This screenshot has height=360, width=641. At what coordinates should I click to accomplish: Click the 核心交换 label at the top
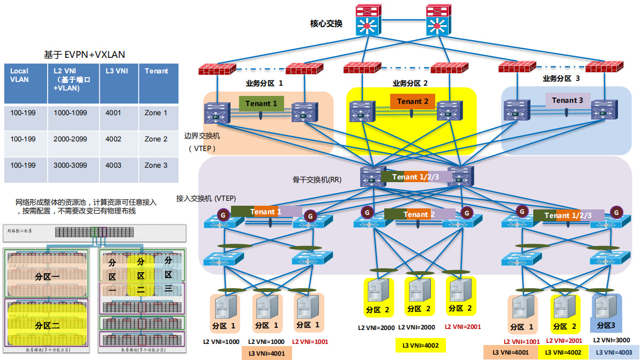pos(326,24)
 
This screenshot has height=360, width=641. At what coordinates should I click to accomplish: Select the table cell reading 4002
pos(114,139)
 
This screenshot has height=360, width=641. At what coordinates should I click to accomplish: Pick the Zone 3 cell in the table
pos(156,166)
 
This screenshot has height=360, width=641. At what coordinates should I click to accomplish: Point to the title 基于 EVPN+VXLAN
pos(85,55)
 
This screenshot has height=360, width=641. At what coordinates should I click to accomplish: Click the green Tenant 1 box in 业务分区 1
pos(262,103)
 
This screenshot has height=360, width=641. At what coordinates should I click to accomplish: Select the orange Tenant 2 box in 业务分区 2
pos(413,101)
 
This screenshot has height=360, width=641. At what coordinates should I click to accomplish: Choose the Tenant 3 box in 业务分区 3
pos(568,100)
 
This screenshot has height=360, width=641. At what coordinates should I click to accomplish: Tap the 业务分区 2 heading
pos(410,83)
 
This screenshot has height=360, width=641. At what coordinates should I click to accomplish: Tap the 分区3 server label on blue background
pos(606,325)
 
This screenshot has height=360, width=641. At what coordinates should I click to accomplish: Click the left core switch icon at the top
pos(368,20)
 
